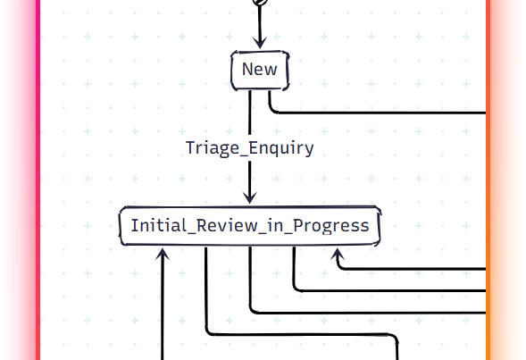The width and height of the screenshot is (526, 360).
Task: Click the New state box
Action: coord(260,71)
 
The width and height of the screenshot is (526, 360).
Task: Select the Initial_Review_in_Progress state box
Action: coord(250,226)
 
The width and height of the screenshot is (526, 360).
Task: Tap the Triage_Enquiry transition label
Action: coord(249,148)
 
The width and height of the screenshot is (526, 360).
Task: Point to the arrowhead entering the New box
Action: coord(260,43)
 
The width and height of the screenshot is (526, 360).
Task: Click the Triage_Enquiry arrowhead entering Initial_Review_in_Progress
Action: coord(249,197)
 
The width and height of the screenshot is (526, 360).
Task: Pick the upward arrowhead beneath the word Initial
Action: coord(163,254)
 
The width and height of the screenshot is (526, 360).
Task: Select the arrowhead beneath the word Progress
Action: coord(338,255)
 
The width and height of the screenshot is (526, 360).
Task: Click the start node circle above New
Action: coord(260,2)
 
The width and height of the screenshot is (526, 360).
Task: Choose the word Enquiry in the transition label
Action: coord(281,148)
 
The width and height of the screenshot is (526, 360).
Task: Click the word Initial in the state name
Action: coord(158,225)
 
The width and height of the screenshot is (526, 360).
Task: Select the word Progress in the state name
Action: coord(330,226)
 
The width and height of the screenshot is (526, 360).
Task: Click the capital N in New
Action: coord(248,69)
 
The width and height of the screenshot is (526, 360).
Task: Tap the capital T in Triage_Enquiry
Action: coord(191,147)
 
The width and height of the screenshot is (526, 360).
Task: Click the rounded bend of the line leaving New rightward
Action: coord(271,110)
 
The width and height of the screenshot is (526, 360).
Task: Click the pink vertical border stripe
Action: coord(38,180)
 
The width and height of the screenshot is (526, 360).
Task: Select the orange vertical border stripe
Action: coord(488,180)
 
